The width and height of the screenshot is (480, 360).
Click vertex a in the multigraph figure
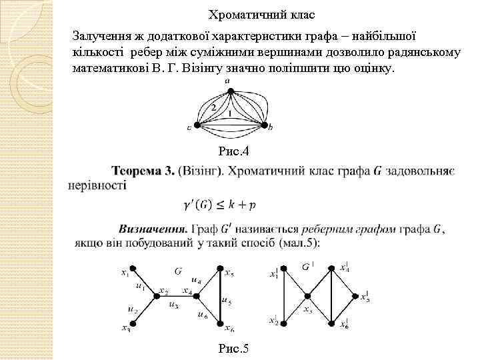tap(228, 89)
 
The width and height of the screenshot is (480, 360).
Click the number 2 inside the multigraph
tap(213, 107)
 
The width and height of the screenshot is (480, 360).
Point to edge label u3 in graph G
tap(174, 305)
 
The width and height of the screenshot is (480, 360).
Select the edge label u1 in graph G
tap(140, 287)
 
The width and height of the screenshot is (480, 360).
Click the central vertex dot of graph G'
tap(307, 297)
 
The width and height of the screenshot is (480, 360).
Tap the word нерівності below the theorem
tap(97, 185)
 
